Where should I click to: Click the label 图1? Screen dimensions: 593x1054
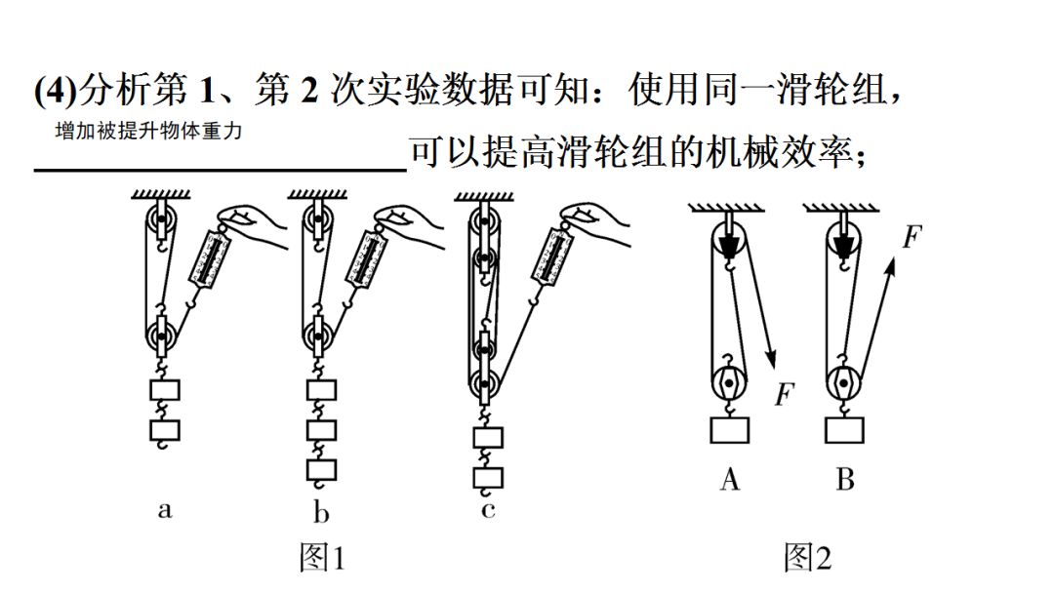(321, 557)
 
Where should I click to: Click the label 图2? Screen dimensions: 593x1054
(807, 557)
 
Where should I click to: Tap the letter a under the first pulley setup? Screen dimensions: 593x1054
(164, 509)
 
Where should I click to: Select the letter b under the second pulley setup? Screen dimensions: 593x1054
(321, 511)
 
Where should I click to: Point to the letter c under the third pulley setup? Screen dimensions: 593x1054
(488, 509)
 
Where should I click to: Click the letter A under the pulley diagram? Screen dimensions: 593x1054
(730, 479)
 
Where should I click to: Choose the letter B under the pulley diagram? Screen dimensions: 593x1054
(844, 479)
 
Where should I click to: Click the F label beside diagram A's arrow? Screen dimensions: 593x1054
(784, 395)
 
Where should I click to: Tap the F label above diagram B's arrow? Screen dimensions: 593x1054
(912, 237)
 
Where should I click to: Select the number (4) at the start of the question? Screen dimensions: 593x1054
(53, 92)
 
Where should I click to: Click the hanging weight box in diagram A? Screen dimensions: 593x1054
(730, 430)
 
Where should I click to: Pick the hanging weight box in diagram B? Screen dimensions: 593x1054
(844, 430)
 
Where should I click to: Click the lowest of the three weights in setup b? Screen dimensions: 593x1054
(321, 470)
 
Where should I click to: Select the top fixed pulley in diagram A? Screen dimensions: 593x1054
(730, 241)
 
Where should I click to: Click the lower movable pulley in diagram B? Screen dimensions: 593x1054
(844, 382)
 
